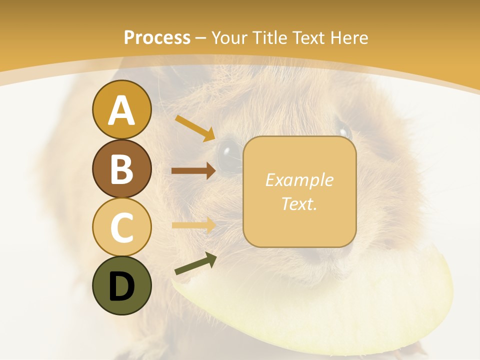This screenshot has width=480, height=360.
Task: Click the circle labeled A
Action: tap(121, 110)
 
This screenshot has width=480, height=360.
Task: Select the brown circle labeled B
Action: tap(121, 168)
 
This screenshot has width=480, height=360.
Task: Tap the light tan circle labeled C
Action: tap(121, 227)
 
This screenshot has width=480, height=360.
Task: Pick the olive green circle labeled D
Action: tap(121, 285)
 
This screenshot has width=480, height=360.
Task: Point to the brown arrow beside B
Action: tap(193, 171)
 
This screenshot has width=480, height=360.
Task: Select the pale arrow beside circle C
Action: tap(193, 225)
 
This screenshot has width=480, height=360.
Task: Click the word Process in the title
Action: tap(157, 37)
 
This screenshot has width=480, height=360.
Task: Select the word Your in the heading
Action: tap(228, 37)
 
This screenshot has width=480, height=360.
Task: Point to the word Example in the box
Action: tap(299, 180)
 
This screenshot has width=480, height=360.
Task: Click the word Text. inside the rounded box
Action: tap(299, 203)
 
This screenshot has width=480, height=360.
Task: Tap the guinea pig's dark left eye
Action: tap(229, 150)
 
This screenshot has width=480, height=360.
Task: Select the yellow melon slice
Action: tap(320, 305)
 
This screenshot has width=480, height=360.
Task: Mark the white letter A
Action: tap(121, 110)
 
